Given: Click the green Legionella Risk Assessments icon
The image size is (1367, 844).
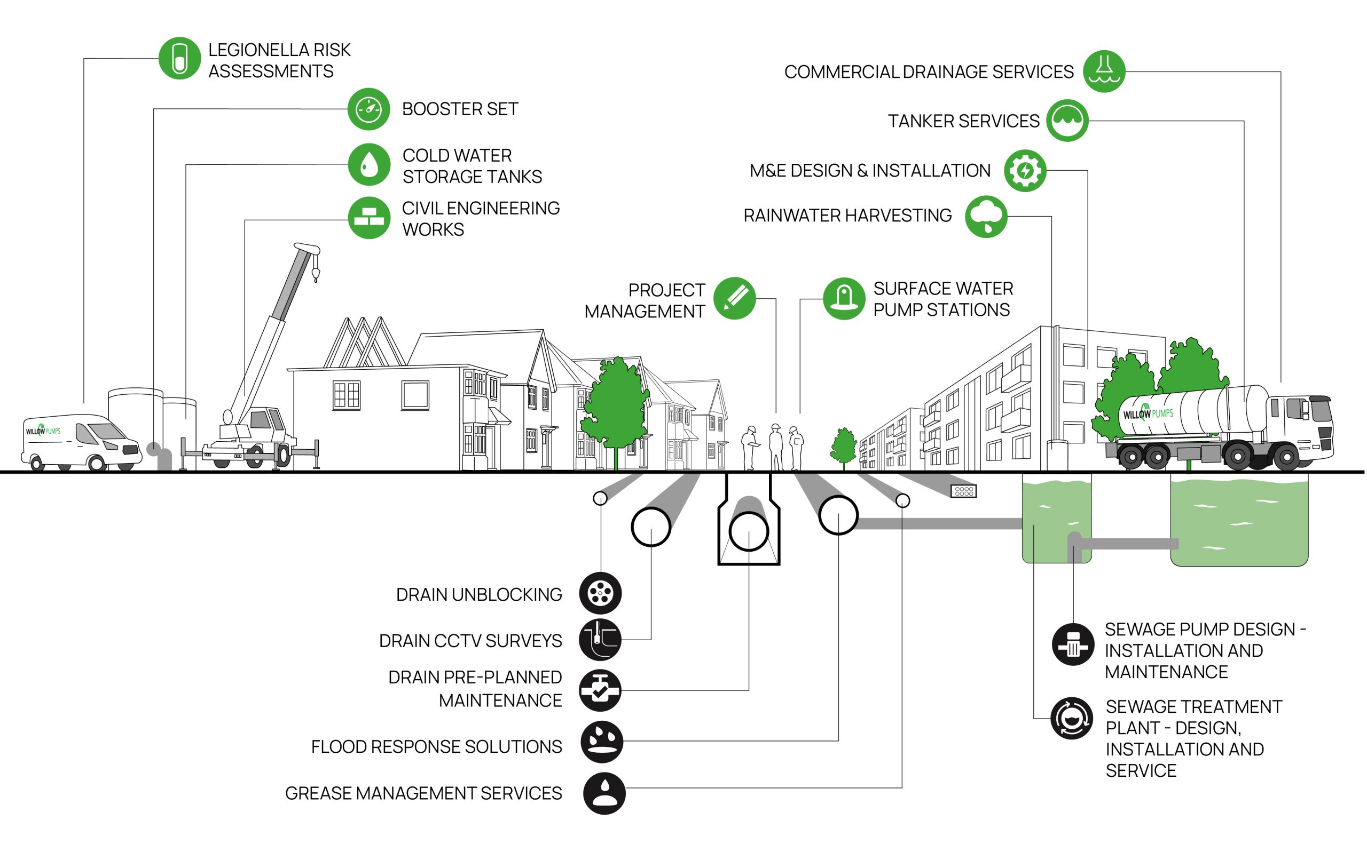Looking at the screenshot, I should pyautogui.click(x=179, y=59).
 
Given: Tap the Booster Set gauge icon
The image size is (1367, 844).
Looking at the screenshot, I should pyautogui.click(x=368, y=109).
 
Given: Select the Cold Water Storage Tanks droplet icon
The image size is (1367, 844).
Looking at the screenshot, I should pyautogui.click(x=368, y=165).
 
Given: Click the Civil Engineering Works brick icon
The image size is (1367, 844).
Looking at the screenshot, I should pyautogui.click(x=368, y=218).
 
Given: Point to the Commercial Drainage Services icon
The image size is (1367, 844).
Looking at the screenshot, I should pyautogui.click(x=1104, y=72).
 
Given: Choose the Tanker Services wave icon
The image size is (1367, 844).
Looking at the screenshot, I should pyautogui.click(x=1067, y=121).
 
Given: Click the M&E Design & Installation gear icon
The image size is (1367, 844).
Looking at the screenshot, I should pyautogui.click(x=1025, y=171).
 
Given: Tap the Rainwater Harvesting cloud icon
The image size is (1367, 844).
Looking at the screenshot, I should pyautogui.click(x=986, y=217).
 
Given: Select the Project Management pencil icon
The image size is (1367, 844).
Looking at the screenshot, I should pyautogui.click(x=735, y=299).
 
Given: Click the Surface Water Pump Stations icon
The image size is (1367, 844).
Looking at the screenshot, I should pyautogui.click(x=844, y=299).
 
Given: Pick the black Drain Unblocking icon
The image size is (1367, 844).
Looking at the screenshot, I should pyautogui.click(x=600, y=593).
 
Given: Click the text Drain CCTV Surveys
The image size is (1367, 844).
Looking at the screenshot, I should pyautogui.click(x=470, y=641).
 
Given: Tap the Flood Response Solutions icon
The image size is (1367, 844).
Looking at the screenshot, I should pyautogui.click(x=602, y=742).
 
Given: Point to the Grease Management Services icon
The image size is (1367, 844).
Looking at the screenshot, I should pyautogui.click(x=604, y=793).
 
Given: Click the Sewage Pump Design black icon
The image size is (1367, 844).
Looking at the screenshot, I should pyautogui.click(x=1073, y=644).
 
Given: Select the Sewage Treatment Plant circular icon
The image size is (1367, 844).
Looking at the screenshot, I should pyautogui.click(x=1071, y=719).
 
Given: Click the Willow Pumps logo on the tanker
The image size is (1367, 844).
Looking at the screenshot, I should pyautogui.click(x=1148, y=413).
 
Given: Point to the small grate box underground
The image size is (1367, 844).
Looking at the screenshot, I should pyautogui.click(x=964, y=491).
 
